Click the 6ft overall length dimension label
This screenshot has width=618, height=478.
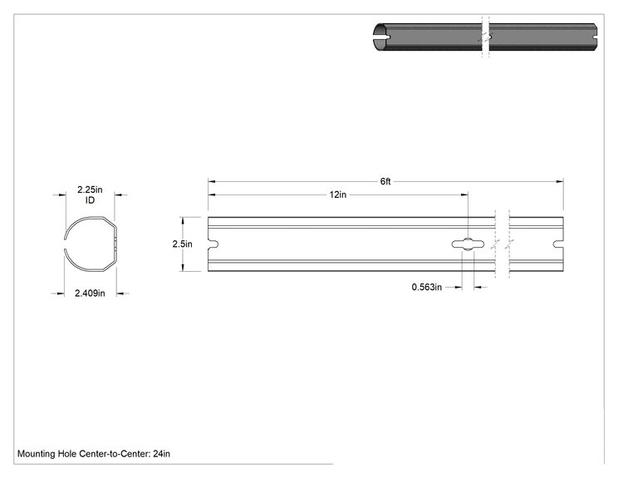point(385,181)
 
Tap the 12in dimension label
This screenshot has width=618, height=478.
point(338,195)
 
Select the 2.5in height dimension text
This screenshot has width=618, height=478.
point(182,244)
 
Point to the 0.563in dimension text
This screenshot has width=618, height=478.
point(426,287)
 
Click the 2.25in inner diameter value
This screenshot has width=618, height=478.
point(90,190)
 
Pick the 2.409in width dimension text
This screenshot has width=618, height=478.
point(90,293)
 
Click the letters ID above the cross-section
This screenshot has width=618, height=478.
point(90,200)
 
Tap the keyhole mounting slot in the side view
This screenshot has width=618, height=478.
point(468,244)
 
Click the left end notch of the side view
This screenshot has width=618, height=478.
point(213,244)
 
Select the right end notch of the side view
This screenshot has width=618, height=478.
point(558,244)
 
